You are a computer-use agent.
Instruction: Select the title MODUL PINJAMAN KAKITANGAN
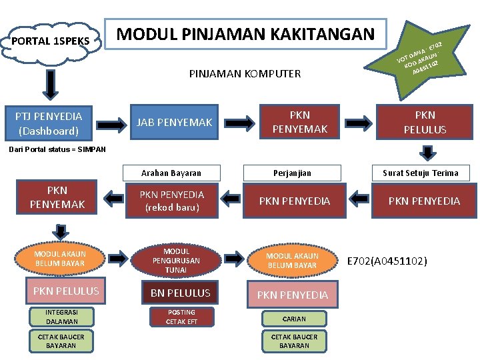[x=246, y=34]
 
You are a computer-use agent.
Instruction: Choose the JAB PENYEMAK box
[x=174, y=122]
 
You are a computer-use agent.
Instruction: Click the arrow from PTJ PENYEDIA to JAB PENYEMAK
[x=111, y=123]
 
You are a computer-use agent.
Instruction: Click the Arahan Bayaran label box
[x=171, y=173]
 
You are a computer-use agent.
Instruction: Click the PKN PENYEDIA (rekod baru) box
[x=172, y=201]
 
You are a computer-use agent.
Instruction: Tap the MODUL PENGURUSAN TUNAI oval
[x=176, y=261]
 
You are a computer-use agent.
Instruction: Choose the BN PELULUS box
[x=180, y=293]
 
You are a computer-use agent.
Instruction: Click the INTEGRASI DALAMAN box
[x=61, y=317]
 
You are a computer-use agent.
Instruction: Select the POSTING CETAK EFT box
[x=181, y=317]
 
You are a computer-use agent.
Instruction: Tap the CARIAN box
[x=294, y=319]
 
